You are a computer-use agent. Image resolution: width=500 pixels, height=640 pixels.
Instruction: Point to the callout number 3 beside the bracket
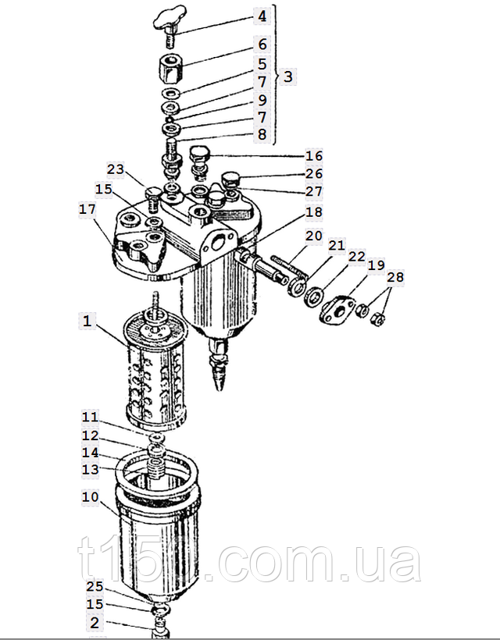pos(288,77)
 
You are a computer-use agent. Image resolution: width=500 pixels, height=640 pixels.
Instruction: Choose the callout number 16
pos(313,156)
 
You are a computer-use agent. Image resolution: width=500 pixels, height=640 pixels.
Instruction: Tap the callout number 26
pos(313,173)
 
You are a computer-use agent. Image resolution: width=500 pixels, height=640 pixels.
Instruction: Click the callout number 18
pos(313,212)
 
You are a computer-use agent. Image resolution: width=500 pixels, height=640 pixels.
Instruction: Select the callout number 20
pos(313,235)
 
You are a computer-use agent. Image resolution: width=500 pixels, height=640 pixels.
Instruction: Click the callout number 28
pos(395,278)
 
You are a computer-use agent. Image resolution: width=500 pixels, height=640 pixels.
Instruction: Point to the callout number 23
pos(116,169)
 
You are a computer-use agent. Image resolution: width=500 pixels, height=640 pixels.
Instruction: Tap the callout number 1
pos(88,320)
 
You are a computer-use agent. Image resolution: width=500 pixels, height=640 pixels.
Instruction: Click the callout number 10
pos(90,496)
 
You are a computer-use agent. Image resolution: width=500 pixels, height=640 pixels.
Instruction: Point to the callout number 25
pos(94,586)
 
